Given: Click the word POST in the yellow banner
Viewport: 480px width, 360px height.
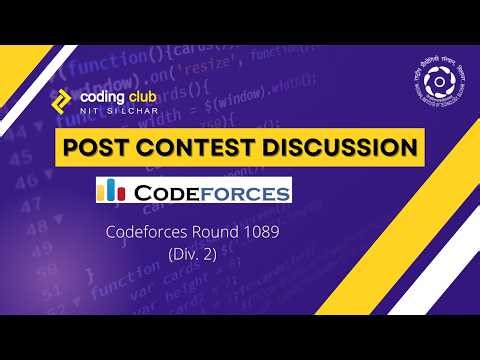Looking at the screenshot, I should (97, 148).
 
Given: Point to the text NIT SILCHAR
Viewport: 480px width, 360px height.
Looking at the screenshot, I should (113, 110).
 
